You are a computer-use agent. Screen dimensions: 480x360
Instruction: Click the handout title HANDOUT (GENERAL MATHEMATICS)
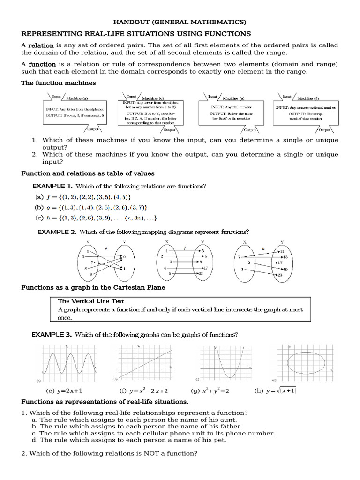[180, 22]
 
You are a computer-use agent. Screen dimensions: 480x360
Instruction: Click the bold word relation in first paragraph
[41, 45]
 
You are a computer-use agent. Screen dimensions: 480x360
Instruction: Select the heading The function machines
[59, 83]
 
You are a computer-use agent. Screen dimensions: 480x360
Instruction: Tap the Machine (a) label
[77, 98]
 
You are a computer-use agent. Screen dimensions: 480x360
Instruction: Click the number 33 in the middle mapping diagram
[200, 273]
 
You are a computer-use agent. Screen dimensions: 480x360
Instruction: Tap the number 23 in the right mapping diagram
[280, 276]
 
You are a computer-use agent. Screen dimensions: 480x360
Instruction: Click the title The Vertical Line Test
[91, 301]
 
